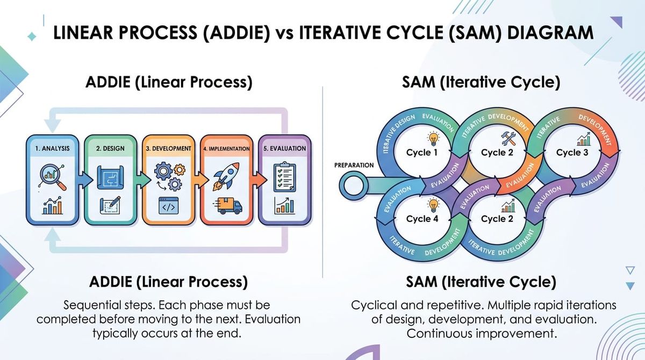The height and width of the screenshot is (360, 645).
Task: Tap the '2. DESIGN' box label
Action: [x=110, y=148]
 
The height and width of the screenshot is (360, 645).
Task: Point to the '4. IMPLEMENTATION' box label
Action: [x=226, y=148]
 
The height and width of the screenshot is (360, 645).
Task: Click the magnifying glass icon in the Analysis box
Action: [x=52, y=177]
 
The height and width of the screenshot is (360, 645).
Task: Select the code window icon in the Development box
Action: [x=168, y=205]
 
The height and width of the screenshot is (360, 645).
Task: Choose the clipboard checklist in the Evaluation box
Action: [x=284, y=177]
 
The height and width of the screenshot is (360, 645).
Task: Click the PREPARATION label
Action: [x=354, y=165]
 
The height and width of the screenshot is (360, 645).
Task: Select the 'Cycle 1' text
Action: [x=419, y=153]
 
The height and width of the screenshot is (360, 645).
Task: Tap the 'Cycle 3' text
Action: [x=568, y=153]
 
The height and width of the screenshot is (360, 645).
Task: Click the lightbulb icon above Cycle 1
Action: [x=433, y=138]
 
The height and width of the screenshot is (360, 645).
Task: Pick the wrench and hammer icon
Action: [x=508, y=138]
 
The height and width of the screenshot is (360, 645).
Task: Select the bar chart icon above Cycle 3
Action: [x=583, y=140]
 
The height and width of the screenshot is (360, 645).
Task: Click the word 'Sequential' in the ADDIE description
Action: [x=91, y=305]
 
